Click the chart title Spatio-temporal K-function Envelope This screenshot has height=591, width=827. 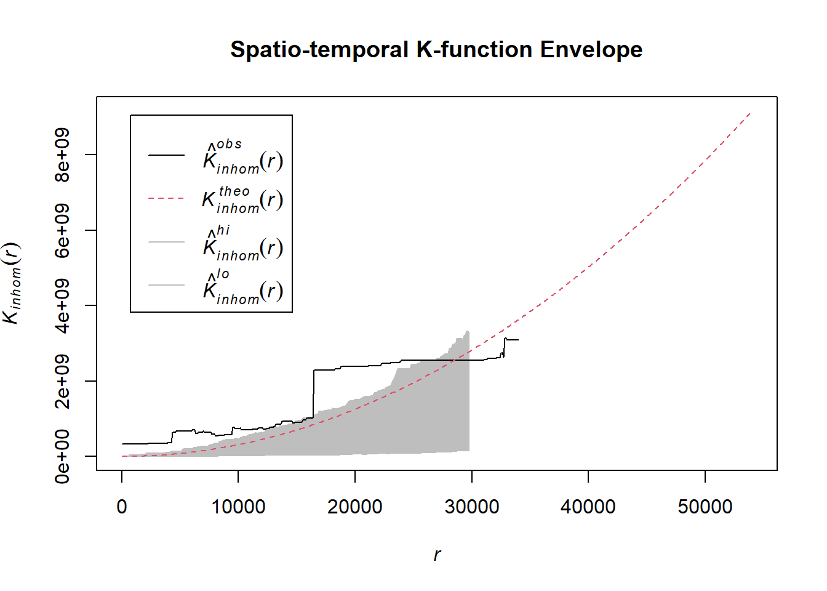click(436, 49)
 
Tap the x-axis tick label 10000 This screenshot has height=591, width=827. click(238, 507)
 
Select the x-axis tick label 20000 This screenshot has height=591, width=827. click(355, 507)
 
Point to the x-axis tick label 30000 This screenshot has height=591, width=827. click(471, 507)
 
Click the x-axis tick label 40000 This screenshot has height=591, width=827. click(588, 507)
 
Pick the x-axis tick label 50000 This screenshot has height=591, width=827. click(705, 507)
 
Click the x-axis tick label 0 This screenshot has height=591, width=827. click(122, 507)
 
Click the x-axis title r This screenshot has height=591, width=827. click(437, 555)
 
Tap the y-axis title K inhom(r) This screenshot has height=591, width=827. click(12, 283)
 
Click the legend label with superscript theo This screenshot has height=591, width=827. click(242, 199)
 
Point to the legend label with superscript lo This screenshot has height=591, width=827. click(242, 287)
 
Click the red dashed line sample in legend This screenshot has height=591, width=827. click(166, 199)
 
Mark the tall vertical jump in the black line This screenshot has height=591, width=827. click(314, 394)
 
